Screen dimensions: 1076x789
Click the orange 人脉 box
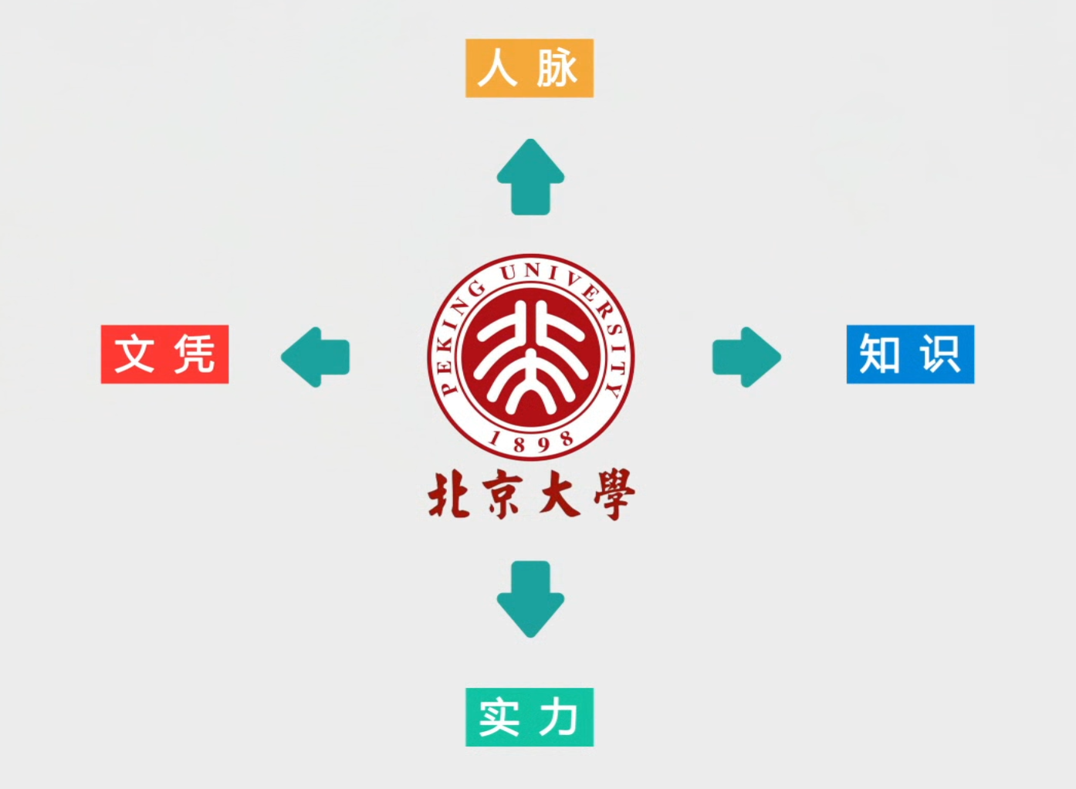click(x=529, y=68)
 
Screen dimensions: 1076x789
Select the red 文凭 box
click(x=164, y=354)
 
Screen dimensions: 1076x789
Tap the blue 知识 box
click(x=910, y=354)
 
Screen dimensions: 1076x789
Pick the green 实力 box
click(x=529, y=717)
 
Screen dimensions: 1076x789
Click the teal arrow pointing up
click(x=530, y=177)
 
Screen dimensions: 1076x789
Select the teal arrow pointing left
click(x=316, y=357)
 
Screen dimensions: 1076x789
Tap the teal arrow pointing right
click(x=746, y=357)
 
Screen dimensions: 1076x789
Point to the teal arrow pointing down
click(x=530, y=599)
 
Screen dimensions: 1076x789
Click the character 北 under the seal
click(x=449, y=495)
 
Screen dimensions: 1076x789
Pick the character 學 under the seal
click(x=614, y=495)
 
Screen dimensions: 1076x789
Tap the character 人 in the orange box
click(x=498, y=68)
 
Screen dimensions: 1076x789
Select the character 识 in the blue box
click(x=940, y=354)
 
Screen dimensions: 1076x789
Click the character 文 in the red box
click(x=134, y=354)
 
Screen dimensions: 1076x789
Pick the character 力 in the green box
click(x=559, y=717)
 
